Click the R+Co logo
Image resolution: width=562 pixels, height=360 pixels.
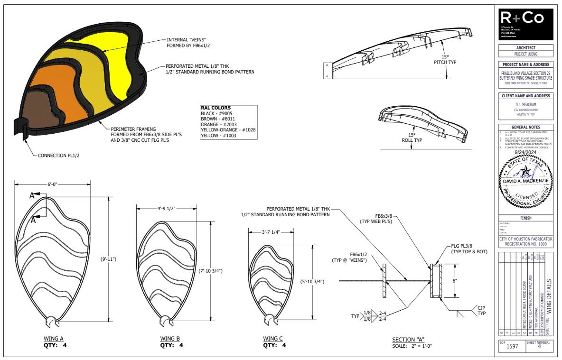[526, 24]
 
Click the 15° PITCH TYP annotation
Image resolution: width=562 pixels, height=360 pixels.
[444, 59]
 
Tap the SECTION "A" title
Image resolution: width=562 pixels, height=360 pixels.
[408, 340]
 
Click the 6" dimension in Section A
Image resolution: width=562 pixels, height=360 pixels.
[455, 281]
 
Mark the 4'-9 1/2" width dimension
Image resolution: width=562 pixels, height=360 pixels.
[166, 208]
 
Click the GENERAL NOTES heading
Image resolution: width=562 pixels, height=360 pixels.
[525, 127]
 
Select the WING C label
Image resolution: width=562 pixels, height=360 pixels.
[273, 339]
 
